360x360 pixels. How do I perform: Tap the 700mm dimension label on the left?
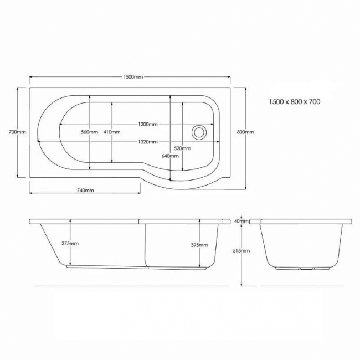pos(17,132)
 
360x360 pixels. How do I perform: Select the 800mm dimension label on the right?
pos(245,132)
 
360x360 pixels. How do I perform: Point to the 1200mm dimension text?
pos(147,124)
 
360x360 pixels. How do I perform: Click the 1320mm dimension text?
pos(147,141)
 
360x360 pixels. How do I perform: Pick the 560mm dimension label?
pos(89,132)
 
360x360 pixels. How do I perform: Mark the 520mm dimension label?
pos(182,148)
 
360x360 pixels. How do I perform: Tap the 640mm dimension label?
pos(170,156)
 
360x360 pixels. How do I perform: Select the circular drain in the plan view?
pos(198,132)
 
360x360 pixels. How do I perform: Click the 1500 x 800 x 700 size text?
pos(294,102)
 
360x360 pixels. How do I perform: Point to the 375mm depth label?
pos(70,244)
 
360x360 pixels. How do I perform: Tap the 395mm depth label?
pos(199,245)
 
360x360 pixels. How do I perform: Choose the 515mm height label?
pos(242,251)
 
